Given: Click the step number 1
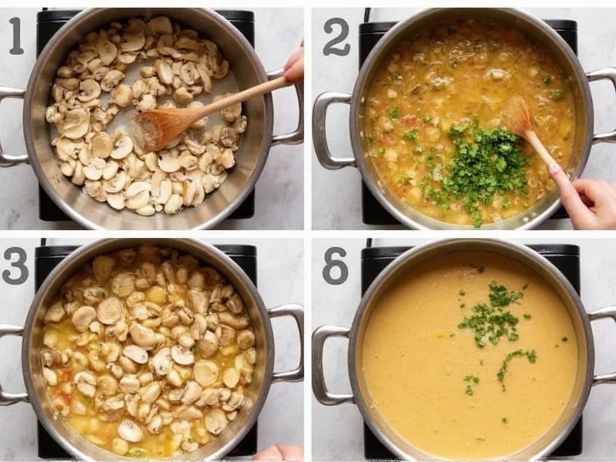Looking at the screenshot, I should point(16,35).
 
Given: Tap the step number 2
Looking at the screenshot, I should point(336,37).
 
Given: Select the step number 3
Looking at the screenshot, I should point(15,266).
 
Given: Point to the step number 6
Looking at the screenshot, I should point(335,266).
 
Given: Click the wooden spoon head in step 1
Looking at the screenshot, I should point(161,127).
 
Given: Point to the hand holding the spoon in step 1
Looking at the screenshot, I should point(294,65).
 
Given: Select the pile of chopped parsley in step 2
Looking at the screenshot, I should point(481,166).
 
